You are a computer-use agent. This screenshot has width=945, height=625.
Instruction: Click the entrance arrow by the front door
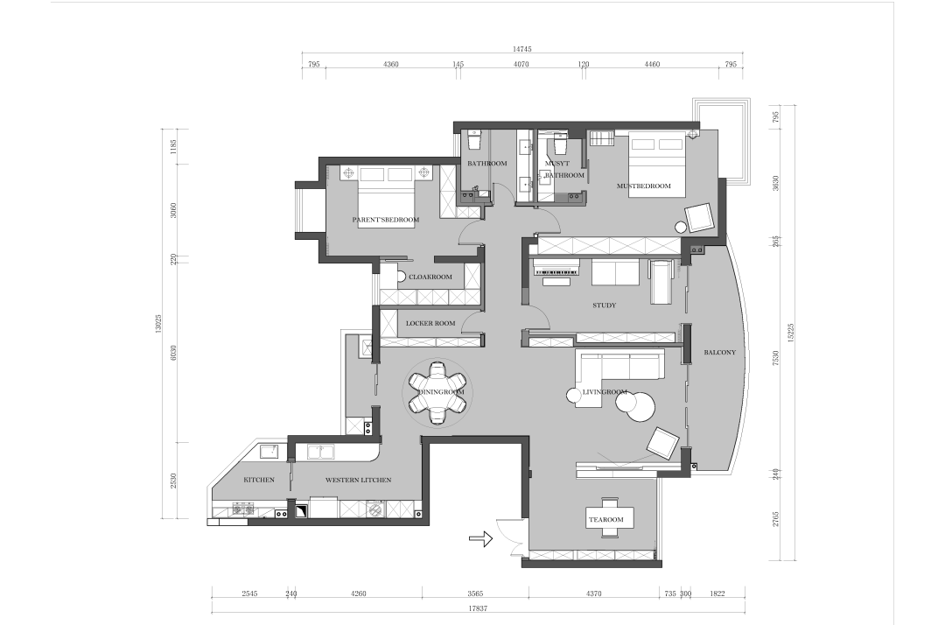pos(481,538)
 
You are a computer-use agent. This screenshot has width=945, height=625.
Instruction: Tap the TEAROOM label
pos(606,520)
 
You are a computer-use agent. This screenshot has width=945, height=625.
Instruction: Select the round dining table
pos(437,392)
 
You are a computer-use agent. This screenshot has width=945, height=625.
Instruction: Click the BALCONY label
pos(719,353)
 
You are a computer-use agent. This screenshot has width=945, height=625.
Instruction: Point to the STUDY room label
pos(604,305)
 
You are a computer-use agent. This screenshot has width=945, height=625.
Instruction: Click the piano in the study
pos(556,270)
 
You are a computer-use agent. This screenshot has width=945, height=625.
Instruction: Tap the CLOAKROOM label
pos(430,277)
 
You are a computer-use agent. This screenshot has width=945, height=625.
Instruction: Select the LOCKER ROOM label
pos(430,324)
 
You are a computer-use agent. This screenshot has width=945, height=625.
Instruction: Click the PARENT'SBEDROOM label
pos(386,220)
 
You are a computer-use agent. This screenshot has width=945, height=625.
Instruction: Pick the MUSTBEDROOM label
pos(644,186)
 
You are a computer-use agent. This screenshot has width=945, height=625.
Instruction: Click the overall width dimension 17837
pos(478,608)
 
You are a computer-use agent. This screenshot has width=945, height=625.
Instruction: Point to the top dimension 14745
pos(521,49)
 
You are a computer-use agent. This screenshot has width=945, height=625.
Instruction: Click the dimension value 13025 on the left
pos(158,324)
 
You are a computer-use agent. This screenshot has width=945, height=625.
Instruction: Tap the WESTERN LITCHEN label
pos(358,481)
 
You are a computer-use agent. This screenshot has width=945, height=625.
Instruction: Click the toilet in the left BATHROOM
pos(474,140)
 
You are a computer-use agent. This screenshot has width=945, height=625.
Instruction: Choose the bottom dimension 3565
pos(475,593)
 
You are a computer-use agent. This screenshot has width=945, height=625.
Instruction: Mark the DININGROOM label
pos(441,392)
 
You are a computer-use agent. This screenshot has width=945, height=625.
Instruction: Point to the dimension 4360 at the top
pos(390,65)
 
